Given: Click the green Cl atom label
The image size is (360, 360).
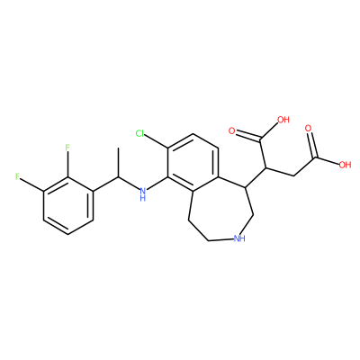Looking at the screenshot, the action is pyautogui.click(x=140, y=133).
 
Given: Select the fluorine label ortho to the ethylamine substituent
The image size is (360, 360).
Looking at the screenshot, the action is pyautogui.click(x=67, y=148).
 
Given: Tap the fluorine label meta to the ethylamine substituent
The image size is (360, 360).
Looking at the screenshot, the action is pyautogui.click(x=18, y=176).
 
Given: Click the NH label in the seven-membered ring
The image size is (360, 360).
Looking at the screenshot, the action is pyautogui.click(x=239, y=238).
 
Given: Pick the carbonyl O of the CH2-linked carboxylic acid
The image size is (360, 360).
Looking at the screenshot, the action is pyautogui.click(x=308, y=129).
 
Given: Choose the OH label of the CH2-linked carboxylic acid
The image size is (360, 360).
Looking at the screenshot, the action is pyautogui.click(x=345, y=165).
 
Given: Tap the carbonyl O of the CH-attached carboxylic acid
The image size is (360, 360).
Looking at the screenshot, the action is pyautogui.click(x=231, y=130).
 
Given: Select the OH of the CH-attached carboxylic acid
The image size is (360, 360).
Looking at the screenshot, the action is pyautogui.click(x=283, y=120).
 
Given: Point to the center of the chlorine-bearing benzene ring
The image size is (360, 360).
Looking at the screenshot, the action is pyautogui.click(x=193, y=163).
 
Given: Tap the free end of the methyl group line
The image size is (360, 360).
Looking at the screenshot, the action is pyautogui.click(x=118, y=148).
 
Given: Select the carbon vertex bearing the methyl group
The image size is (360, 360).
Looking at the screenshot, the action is pyautogui.click(x=118, y=177).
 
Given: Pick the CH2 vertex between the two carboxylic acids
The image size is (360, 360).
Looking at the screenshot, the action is pyautogui.click(x=292, y=175).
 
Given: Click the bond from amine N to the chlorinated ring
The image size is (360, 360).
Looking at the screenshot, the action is pyautogui.click(x=157, y=184).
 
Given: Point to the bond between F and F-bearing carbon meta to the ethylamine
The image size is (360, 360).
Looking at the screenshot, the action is pyautogui.click(x=32, y=184).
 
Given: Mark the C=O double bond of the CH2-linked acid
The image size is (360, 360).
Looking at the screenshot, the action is pyautogui.click(x=312, y=146).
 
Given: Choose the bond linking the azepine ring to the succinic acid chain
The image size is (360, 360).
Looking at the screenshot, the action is pyautogui.click(x=256, y=178).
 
